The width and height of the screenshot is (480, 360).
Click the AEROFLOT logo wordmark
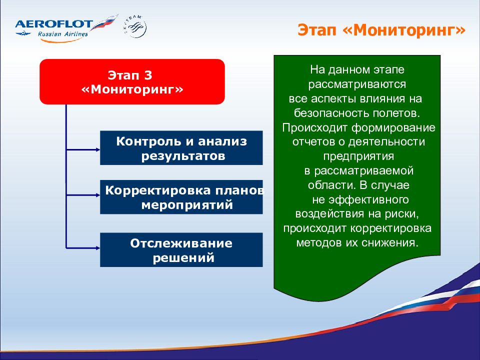pos(54,24)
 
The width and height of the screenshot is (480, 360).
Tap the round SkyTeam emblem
pos(136,27)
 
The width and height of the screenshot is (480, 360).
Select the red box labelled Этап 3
pos(132,81)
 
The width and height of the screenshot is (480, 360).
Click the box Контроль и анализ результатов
pos(181,148)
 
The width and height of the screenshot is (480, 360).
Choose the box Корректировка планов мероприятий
pos(181,197)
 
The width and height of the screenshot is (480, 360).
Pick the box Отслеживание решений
pos(181,250)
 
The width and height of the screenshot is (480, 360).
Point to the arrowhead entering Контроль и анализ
pos(98,149)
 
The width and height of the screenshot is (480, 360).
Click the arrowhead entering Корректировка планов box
pos(98,195)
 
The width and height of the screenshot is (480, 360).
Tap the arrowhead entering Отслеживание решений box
pos(98,248)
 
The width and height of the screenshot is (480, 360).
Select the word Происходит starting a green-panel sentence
pos(315,127)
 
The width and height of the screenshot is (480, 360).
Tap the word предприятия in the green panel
pos(358,156)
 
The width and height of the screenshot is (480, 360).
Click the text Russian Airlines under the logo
pos(63,33)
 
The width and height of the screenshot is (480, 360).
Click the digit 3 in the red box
pos(148,75)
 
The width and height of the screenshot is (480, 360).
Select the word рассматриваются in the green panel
pos(357,84)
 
